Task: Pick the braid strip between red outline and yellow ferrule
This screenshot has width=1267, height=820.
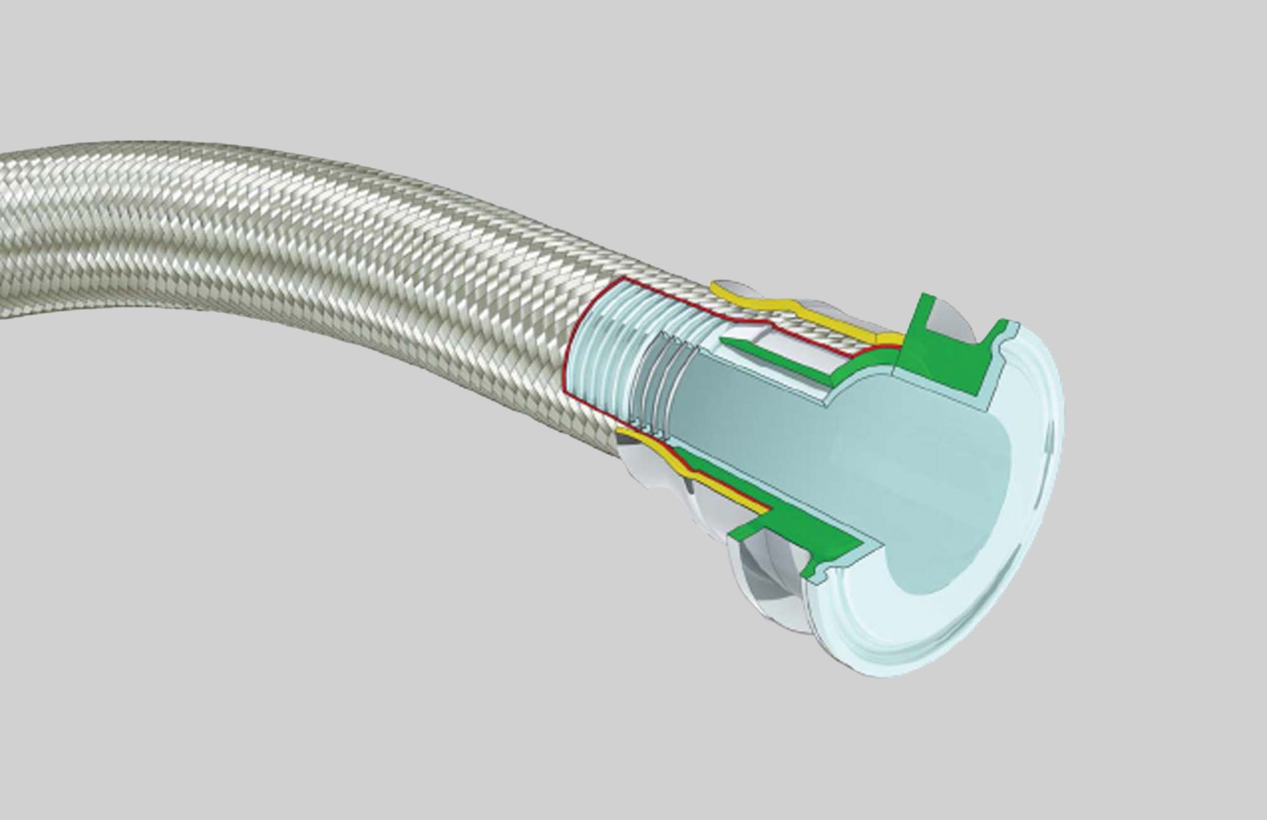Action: (x=811, y=330)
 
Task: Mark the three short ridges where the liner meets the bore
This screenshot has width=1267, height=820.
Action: (x=659, y=393)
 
